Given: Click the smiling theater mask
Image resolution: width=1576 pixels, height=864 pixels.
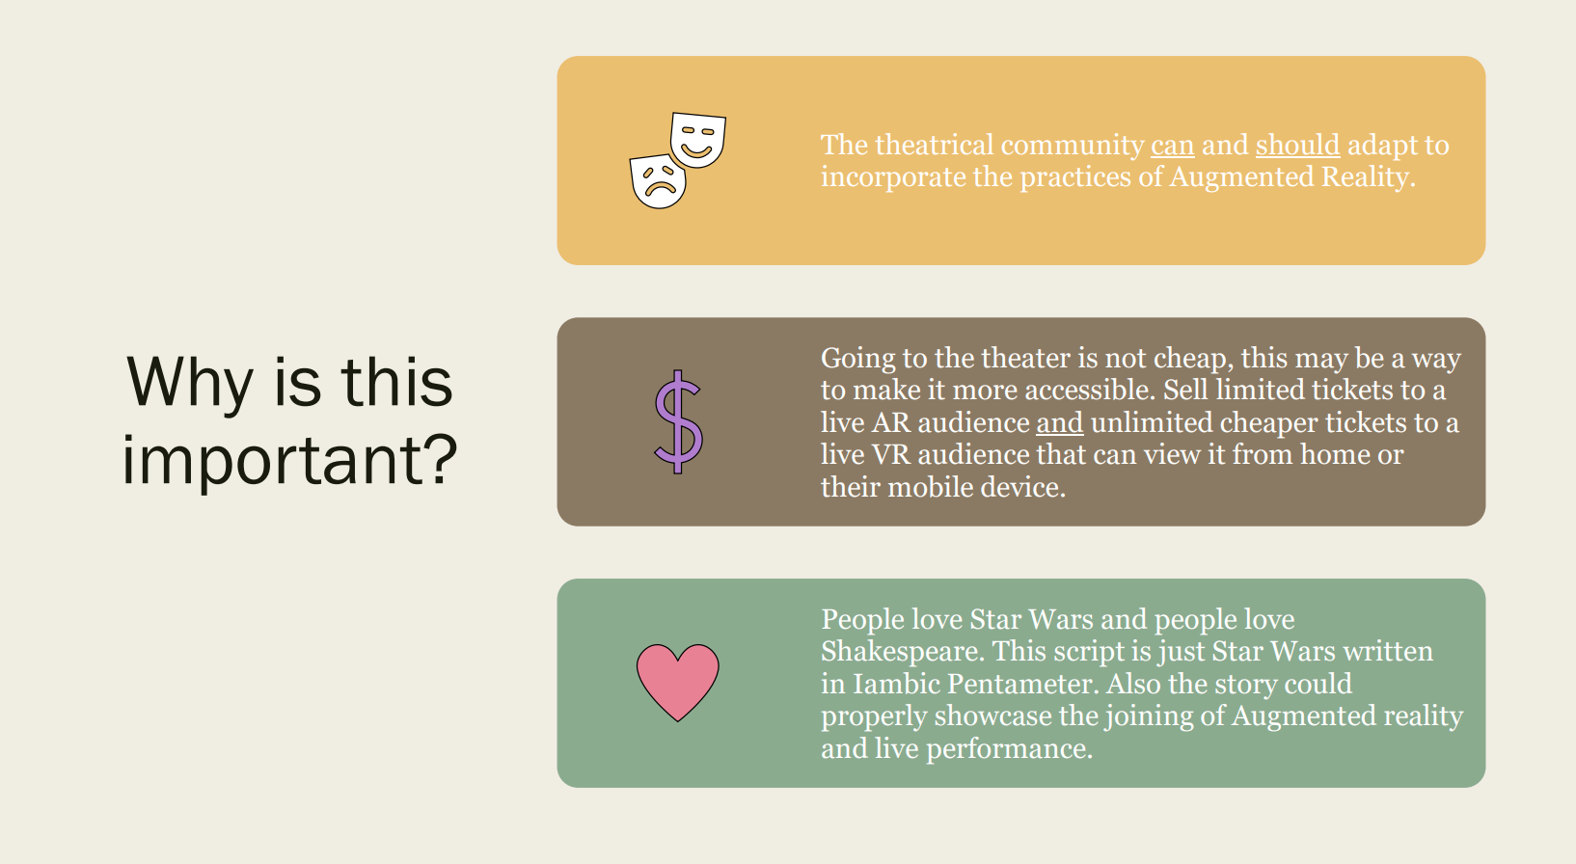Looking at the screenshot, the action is [x=697, y=139].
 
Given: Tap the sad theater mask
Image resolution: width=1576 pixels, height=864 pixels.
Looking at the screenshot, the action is [x=658, y=181].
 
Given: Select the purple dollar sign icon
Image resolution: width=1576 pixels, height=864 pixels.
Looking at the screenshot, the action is [x=678, y=421].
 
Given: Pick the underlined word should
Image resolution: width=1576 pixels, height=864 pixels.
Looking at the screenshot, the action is [x=1297, y=146].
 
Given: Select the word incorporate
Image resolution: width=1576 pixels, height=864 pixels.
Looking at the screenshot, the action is [x=893, y=178].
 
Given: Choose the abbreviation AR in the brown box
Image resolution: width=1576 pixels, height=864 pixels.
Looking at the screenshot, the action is [x=891, y=423].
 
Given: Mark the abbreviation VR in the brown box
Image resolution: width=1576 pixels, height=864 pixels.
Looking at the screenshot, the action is [x=891, y=455].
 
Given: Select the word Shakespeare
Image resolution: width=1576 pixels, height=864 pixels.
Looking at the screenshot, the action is [x=904, y=652].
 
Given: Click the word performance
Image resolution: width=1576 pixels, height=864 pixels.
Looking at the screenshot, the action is [x=1009, y=749].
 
